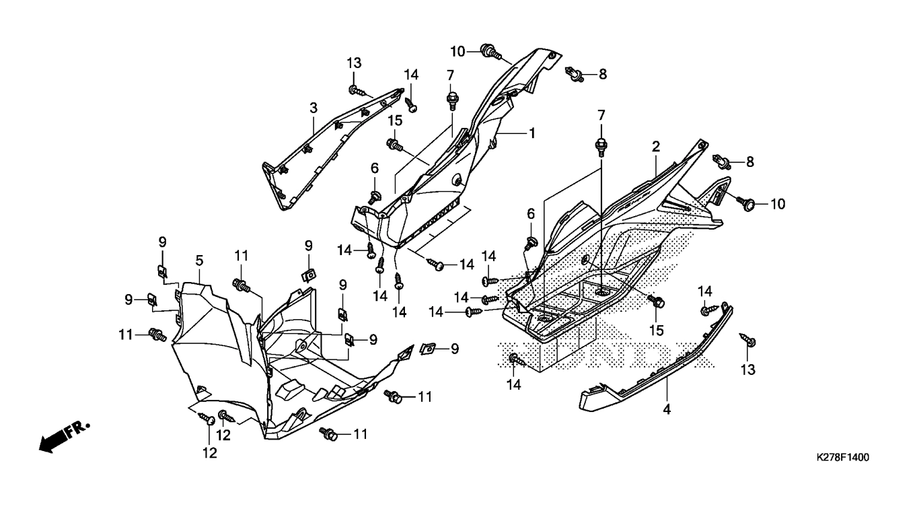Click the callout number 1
click(532, 133)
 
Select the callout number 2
click(655, 147)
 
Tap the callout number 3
click(314, 108)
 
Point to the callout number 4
click(667, 409)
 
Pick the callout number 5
click(199, 260)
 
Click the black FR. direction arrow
click(65, 437)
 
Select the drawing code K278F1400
click(843, 457)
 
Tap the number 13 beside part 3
click(354, 63)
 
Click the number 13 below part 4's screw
click(748, 370)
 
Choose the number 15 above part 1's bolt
click(395, 120)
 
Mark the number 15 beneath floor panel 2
click(657, 331)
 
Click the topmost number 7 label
click(451, 75)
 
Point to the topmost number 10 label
click(458, 52)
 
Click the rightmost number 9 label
click(455, 349)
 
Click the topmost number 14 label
click(411, 75)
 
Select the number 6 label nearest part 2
click(531, 214)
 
